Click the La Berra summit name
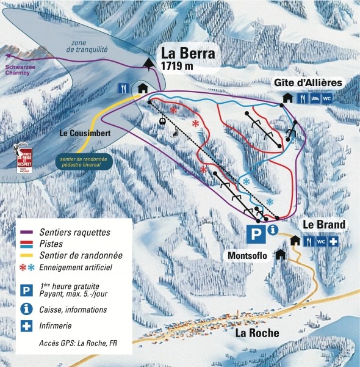pos(188,53)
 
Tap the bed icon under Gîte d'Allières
pos(314,98)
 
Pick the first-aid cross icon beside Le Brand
pos(333,242)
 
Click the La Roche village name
pos(257,333)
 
